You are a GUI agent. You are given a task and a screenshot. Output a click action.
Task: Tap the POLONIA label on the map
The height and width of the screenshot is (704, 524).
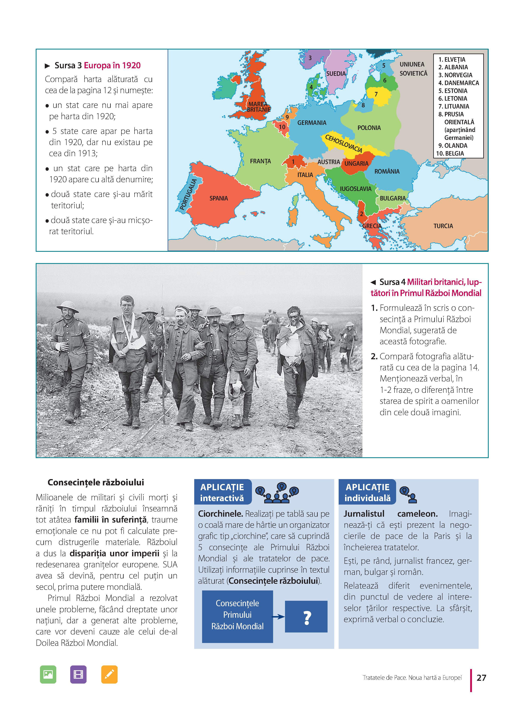(x=369, y=128)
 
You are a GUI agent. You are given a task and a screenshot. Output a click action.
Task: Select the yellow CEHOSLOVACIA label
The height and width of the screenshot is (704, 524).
(x=343, y=144)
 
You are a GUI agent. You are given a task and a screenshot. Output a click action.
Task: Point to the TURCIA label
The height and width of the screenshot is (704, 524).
(x=443, y=226)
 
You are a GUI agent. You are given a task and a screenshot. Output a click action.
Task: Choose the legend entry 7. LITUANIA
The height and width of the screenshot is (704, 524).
(x=454, y=106)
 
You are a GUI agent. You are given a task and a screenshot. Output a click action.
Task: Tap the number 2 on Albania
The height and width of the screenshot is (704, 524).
(x=361, y=214)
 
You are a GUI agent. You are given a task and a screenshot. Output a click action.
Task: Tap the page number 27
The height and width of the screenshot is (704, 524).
(x=481, y=678)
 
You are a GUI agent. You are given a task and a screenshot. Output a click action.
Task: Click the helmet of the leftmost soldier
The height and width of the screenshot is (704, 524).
(x=67, y=306)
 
